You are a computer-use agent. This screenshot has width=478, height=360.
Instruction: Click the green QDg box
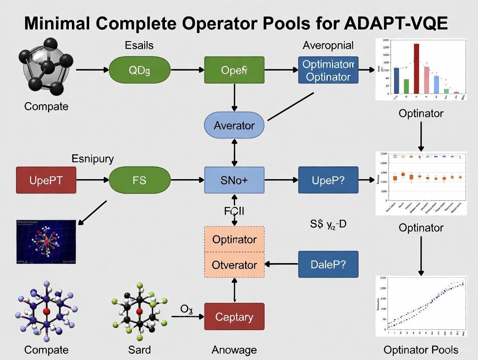click(139, 70)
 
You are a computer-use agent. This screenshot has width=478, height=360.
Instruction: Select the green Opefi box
click(234, 70)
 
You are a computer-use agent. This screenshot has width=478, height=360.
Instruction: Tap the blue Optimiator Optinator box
click(328, 70)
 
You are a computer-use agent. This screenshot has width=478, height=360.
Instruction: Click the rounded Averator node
click(234, 125)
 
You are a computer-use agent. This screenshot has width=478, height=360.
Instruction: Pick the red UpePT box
click(46, 180)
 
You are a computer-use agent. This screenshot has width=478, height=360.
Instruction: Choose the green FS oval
click(139, 180)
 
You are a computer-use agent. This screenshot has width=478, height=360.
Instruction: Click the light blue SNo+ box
click(234, 180)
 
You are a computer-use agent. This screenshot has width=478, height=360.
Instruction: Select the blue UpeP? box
click(328, 180)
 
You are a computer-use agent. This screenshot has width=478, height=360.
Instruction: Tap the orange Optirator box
click(234, 239)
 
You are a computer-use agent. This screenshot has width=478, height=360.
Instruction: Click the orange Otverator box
click(234, 264)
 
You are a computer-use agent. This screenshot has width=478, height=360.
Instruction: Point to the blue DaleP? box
click(328, 264)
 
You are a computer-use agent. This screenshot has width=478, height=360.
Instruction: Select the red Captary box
click(234, 317)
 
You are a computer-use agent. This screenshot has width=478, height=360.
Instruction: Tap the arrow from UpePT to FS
click(92, 180)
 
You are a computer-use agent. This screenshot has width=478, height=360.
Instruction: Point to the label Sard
click(139, 349)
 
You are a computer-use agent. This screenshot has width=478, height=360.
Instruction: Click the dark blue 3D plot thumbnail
click(46, 242)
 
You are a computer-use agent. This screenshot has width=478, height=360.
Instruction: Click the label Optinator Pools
click(420, 350)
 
